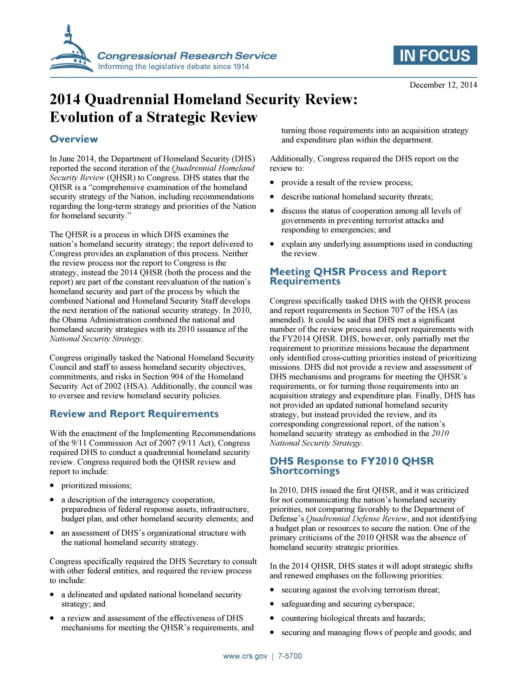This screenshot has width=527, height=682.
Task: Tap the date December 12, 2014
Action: point(443,85)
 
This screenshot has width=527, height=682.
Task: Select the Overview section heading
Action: point(74,139)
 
